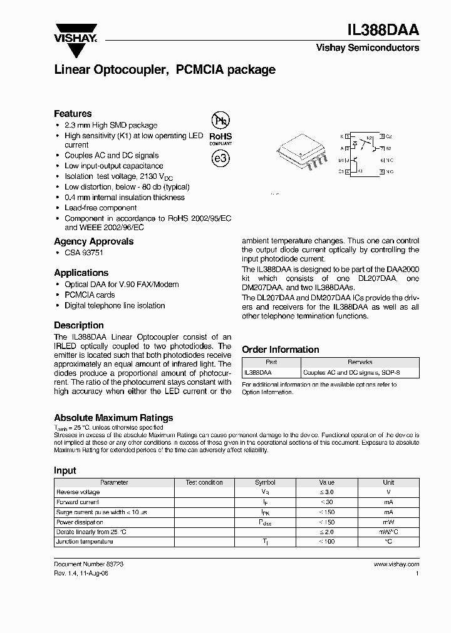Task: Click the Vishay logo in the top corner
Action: coord(75,33)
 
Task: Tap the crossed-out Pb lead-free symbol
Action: coord(220,121)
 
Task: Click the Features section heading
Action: coord(73,114)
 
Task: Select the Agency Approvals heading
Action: coord(93,241)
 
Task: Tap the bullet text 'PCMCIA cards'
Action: coord(90,295)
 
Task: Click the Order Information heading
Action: coord(280,350)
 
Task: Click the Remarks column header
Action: coord(360,362)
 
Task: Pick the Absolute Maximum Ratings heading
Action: coord(113,418)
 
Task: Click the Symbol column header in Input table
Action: coord(265,482)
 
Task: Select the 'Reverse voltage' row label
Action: coord(78,492)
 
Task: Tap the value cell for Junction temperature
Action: coord(326,542)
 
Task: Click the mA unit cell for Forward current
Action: coord(388,502)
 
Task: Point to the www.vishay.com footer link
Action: coord(396,564)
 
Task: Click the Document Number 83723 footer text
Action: coord(88,564)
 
